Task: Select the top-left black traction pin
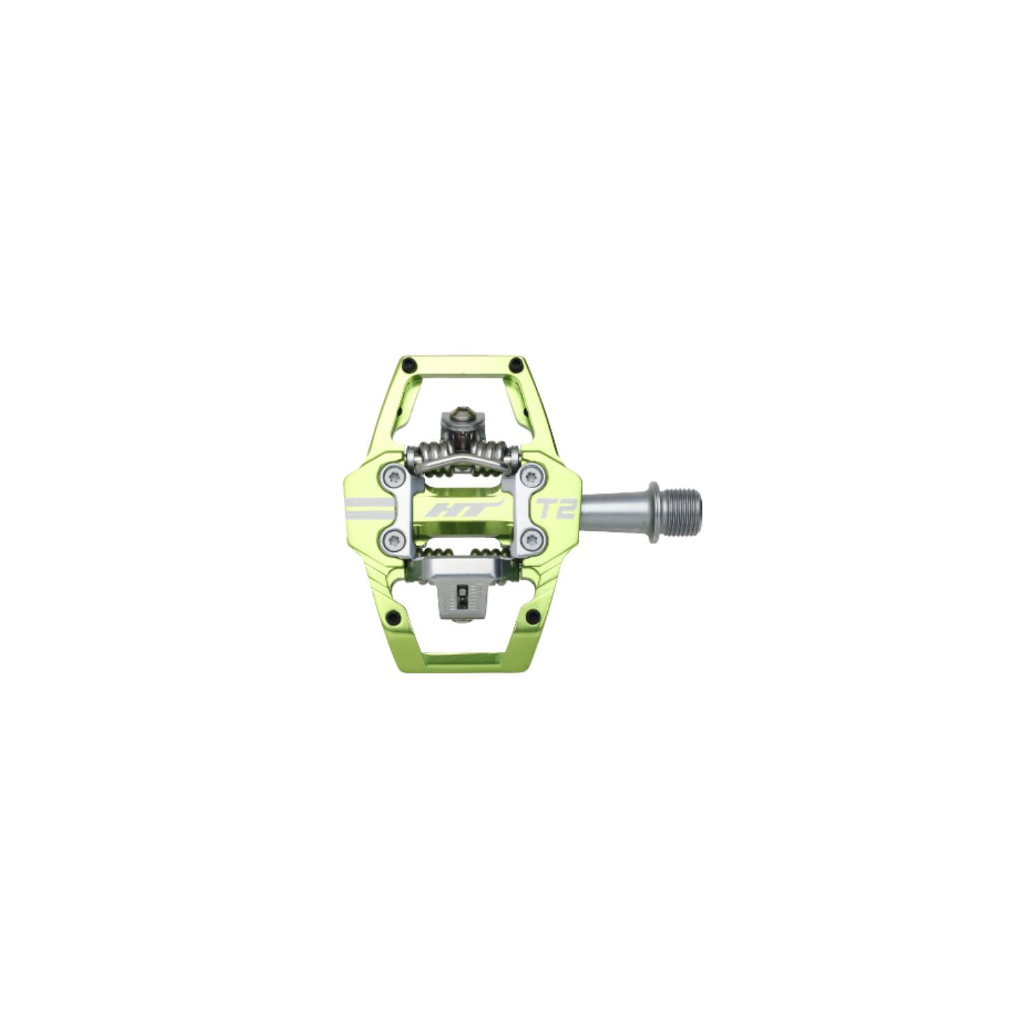(411, 363)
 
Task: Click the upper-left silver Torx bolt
(393, 476)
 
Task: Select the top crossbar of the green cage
(462, 361)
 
